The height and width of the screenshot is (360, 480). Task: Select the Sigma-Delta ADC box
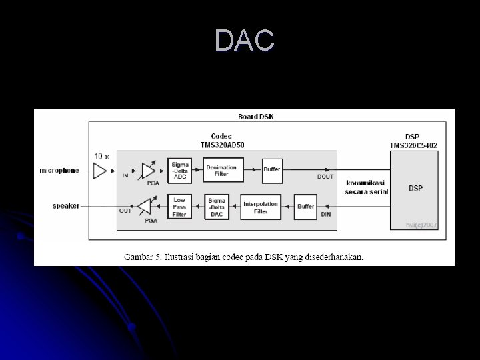click(x=180, y=170)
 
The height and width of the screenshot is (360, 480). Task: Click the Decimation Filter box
click(x=221, y=170)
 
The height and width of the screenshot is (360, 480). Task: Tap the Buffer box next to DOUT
click(x=272, y=170)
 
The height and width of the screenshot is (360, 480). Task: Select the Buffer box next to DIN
click(x=305, y=206)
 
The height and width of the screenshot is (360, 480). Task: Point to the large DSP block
click(x=415, y=189)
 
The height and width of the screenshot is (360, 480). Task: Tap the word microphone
click(x=59, y=171)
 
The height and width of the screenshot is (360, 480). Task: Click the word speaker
click(x=65, y=206)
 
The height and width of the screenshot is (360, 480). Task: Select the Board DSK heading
click(x=255, y=117)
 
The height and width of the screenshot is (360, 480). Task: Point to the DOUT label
click(x=325, y=177)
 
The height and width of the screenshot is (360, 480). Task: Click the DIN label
click(x=326, y=214)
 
